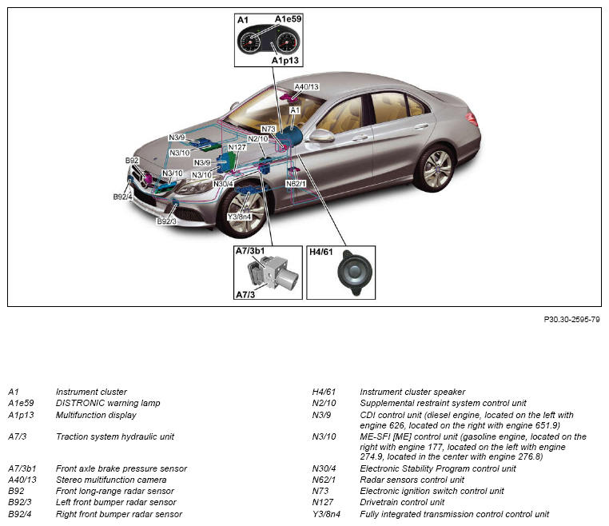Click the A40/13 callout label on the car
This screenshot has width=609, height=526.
point(306,86)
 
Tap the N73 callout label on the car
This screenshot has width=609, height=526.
point(269,129)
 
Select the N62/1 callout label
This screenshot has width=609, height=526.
point(296,183)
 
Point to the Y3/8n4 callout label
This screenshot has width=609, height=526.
point(239,216)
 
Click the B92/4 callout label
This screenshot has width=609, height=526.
point(122,196)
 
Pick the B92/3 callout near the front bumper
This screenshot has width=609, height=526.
point(166,221)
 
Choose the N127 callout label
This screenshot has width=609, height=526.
point(237,147)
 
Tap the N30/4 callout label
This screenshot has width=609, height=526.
point(224,184)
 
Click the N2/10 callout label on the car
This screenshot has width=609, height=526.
point(258,138)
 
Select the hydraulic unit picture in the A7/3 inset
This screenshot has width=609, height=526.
point(271,274)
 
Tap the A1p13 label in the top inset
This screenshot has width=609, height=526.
point(285,60)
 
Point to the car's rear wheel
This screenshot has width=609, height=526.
point(435,168)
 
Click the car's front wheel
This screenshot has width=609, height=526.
point(244,213)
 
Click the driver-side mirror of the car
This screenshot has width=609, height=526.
point(321,136)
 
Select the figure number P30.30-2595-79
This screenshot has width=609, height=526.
point(571,320)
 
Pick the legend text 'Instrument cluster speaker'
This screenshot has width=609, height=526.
point(412,392)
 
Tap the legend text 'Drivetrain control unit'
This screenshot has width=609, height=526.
point(402,502)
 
